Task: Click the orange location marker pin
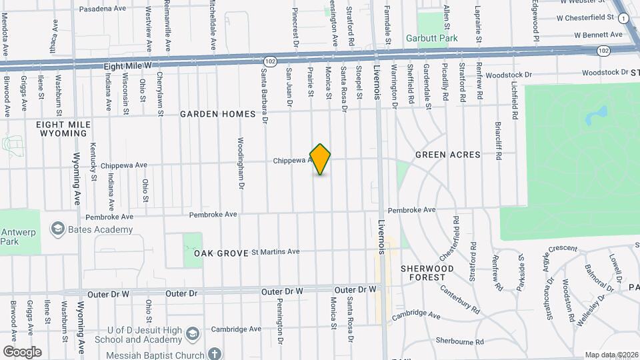pos(321,159)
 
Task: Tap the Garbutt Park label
pos(432,38)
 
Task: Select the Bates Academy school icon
pos(58,229)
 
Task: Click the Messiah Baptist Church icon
pos(214,351)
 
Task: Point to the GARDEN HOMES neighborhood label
pos(217,114)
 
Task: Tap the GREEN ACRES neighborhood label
pos(447,155)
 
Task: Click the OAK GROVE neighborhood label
pos(221,253)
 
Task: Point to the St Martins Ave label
pos(275,252)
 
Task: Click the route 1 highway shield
pos(623,19)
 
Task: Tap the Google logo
pos(21,351)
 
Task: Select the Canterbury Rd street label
pos(460,300)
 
